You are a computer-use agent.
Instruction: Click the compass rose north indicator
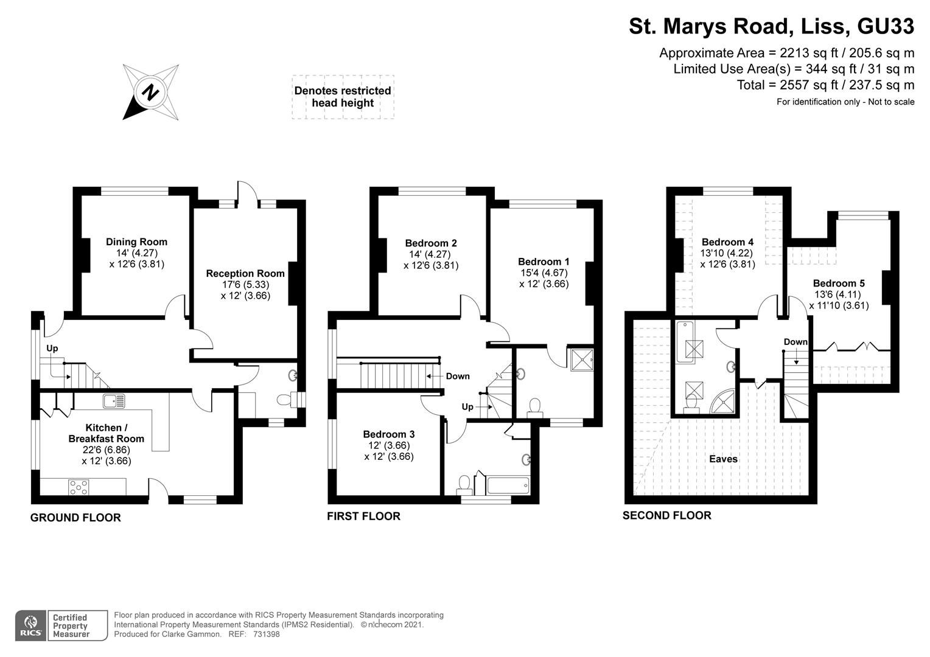[x=150, y=92]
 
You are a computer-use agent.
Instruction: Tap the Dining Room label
[x=136, y=242]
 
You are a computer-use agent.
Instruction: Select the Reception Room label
[x=245, y=273]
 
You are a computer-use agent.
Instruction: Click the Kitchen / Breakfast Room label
[x=106, y=433]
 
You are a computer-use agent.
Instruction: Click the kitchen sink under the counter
[x=114, y=401]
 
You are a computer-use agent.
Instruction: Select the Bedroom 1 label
[x=544, y=262]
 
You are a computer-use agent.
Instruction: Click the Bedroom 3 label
[x=388, y=434]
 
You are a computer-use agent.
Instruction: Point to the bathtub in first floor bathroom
[x=508, y=485]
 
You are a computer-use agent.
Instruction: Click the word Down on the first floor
[x=457, y=376]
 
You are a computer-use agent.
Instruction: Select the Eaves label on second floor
[x=723, y=459]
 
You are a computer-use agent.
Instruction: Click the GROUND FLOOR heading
[x=75, y=518]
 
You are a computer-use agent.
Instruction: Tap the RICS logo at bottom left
[x=30, y=625]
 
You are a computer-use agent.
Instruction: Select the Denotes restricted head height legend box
[x=342, y=97]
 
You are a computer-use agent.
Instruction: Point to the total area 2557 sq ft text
[x=825, y=85]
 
